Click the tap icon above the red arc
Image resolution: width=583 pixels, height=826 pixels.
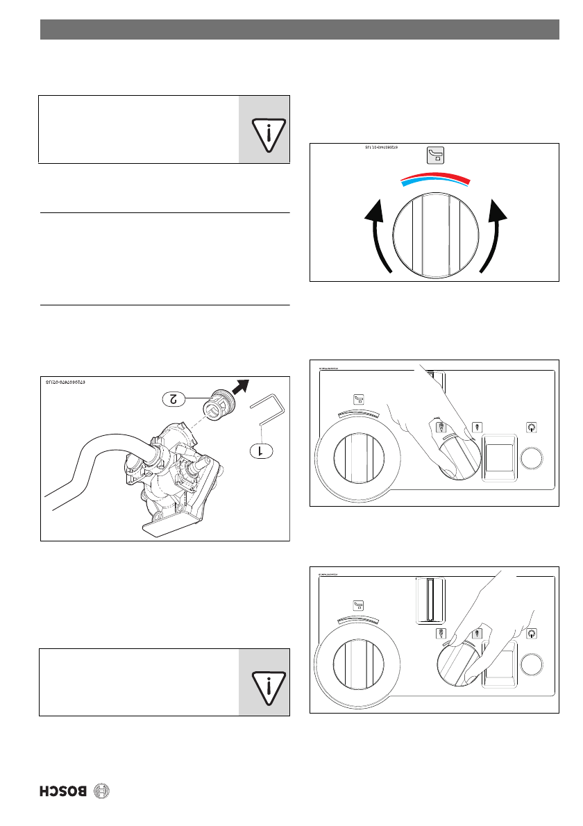pyautogui.click(x=435, y=155)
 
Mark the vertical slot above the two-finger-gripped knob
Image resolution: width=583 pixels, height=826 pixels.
pyautogui.click(x=430, y=600)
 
